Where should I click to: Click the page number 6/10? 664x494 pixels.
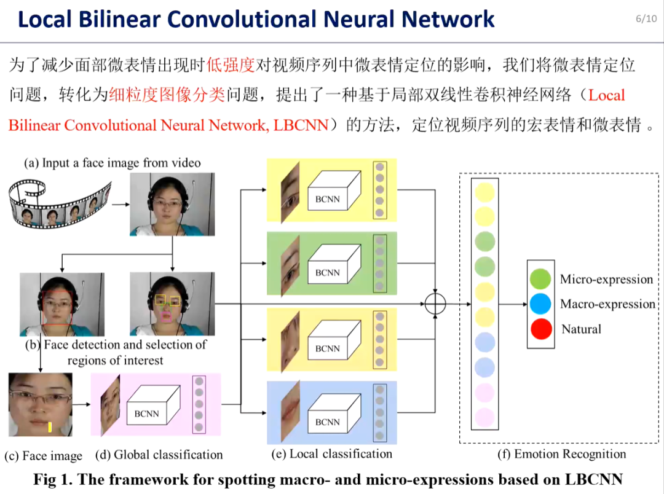coord(646,18)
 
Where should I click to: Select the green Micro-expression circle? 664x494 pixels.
coord(540,279)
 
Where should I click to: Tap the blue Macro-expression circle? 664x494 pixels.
coord(540,304)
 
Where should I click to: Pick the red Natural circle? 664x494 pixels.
coord(540,328)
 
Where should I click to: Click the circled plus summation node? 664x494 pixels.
coord(435,304)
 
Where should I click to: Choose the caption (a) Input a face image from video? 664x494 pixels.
coord(113,163)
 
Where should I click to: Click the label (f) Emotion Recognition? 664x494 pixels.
coord(561,454)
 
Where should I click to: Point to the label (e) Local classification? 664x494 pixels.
coord(331,454)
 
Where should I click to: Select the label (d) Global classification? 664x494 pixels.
coord(159,455)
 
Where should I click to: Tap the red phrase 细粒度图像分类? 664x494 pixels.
coord(167,95)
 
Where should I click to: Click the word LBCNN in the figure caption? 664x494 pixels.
coord(591,479)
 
